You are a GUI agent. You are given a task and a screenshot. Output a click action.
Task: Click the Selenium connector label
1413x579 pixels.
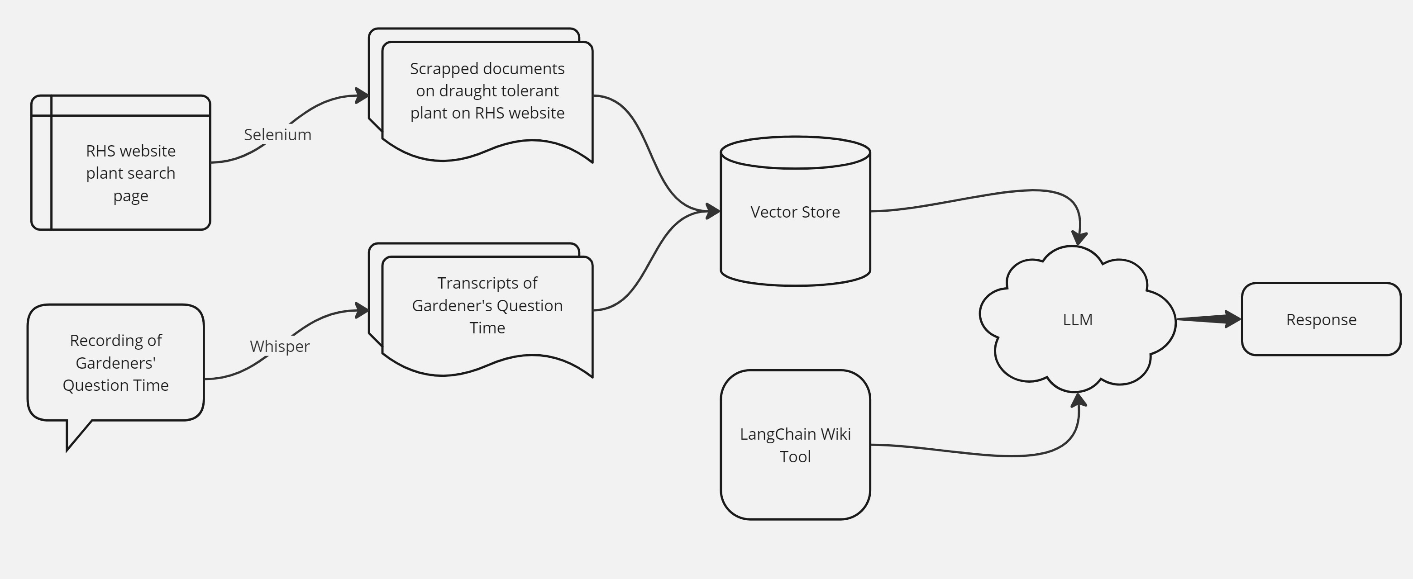(277, 135)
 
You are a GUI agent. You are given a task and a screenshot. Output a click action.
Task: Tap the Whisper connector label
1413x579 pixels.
(280, 346)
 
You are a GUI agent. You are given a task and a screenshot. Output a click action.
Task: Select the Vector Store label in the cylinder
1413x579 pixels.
(795, 212)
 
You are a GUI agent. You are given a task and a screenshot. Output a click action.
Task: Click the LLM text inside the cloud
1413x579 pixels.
(1077, 320)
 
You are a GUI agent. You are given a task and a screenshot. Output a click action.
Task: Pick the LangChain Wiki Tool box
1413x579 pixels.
(795, 445)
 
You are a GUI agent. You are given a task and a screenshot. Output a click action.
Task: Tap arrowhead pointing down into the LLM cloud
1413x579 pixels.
(1079, 238)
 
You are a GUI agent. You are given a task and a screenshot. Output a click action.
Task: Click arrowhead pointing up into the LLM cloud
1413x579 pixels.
(1079, 400)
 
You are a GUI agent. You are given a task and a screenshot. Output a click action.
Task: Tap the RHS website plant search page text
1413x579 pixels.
(130, 173)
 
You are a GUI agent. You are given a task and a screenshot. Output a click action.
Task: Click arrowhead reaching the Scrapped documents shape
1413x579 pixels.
(362, 95)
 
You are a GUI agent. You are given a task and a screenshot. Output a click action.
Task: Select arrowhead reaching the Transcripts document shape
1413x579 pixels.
(362, 310)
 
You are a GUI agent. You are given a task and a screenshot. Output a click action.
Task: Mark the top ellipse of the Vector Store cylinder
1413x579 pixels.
(795, 152)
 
